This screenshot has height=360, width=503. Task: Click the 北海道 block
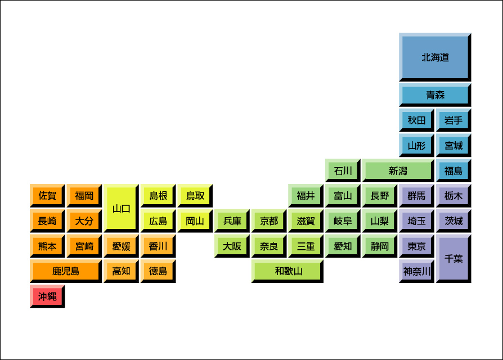pos(435,57)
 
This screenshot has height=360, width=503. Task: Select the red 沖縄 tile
pos(47,296)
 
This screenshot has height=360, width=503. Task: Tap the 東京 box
pos(416,246)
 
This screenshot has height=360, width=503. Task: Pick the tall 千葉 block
pos(453,258)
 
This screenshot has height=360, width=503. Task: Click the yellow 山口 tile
pos(122,208)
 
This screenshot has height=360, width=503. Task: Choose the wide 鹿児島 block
pos(66,271)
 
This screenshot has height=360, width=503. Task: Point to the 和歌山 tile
pos(288,271)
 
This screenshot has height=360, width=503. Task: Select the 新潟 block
pos(398,170)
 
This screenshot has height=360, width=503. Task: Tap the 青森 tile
pos(435,94)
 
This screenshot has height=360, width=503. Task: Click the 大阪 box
pos(232,246)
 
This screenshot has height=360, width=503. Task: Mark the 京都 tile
pos(269,220)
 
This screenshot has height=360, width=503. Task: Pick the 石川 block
pos(343,170)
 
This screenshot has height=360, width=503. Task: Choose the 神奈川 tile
pos(416,271)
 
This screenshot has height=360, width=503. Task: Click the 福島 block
pos(453,170)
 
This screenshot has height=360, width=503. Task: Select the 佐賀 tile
pos(47,196)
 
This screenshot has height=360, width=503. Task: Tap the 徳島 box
pos(158,271)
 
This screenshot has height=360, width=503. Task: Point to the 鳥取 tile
pos(195,196)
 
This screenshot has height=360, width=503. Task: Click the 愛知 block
pos(343,246)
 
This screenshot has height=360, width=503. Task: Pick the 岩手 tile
pos(453,120)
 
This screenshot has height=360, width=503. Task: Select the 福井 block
pos(306,196)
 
